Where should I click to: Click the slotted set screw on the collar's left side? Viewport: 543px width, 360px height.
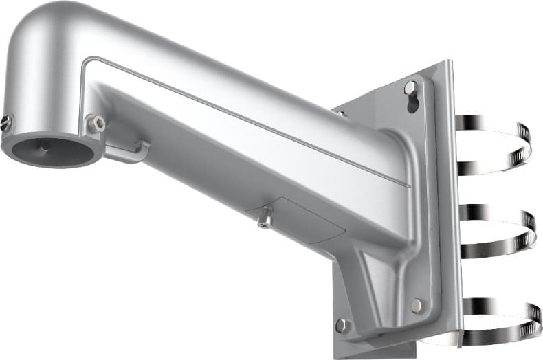tap(6, 123)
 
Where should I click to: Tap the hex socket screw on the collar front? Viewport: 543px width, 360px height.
tap(97, 124)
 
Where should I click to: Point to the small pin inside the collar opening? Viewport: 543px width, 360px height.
tap(45, 146)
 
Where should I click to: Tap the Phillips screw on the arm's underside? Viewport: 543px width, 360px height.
tap(265, 218)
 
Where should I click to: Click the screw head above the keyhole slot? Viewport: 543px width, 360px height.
tap(410, 87)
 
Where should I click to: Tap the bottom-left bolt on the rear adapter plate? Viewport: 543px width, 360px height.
tap(342, 324)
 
